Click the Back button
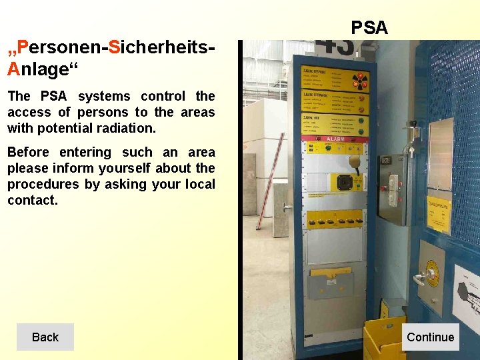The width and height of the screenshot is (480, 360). click(45, 337)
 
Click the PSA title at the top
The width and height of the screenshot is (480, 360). click(369, 27)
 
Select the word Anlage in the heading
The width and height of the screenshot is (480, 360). click(38, 69)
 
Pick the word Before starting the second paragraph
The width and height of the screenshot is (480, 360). click(28, 152)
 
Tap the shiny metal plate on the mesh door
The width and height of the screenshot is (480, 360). click(441, 153)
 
